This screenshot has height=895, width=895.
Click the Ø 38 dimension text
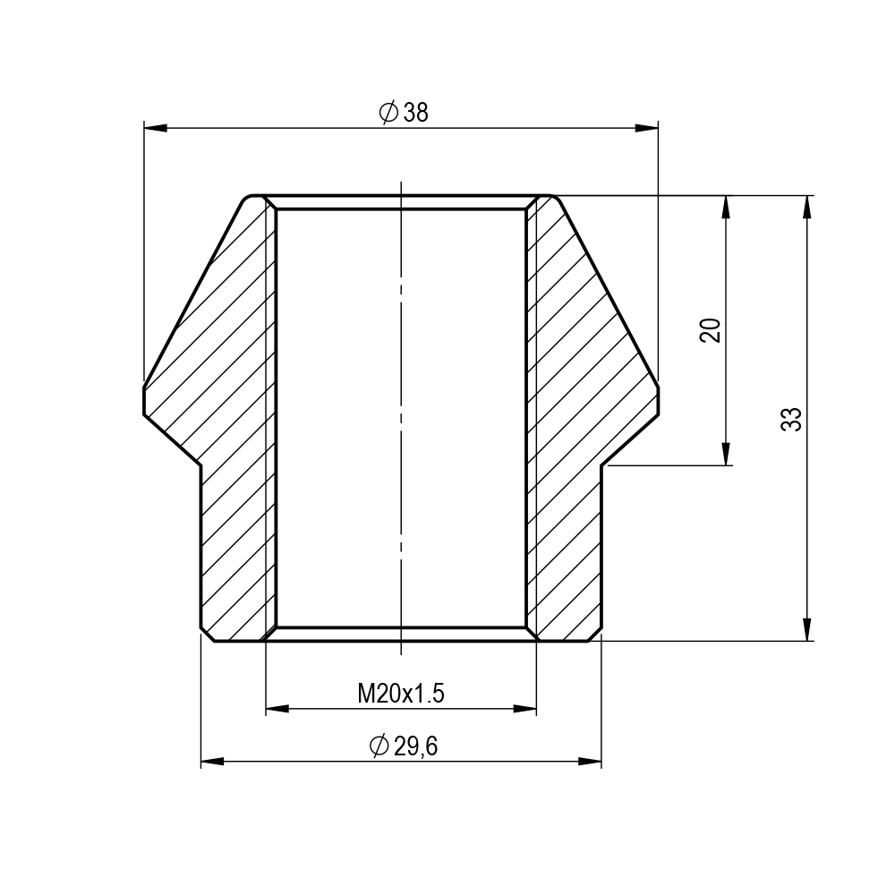[x=403, y=113]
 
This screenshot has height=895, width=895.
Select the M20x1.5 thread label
[x=401, y=695]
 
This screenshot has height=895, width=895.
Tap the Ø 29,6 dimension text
[x=404, y=746]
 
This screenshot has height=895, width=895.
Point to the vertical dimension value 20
[x=710, y=330]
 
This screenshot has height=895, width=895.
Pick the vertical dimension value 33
[x=790, y=419]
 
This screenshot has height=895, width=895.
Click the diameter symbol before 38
[x=388, y=113]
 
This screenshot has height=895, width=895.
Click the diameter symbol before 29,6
[x=379, y=746]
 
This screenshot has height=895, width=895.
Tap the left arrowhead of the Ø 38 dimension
[x=155, y=128]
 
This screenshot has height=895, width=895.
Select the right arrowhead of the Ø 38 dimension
[x=647, y=128]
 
